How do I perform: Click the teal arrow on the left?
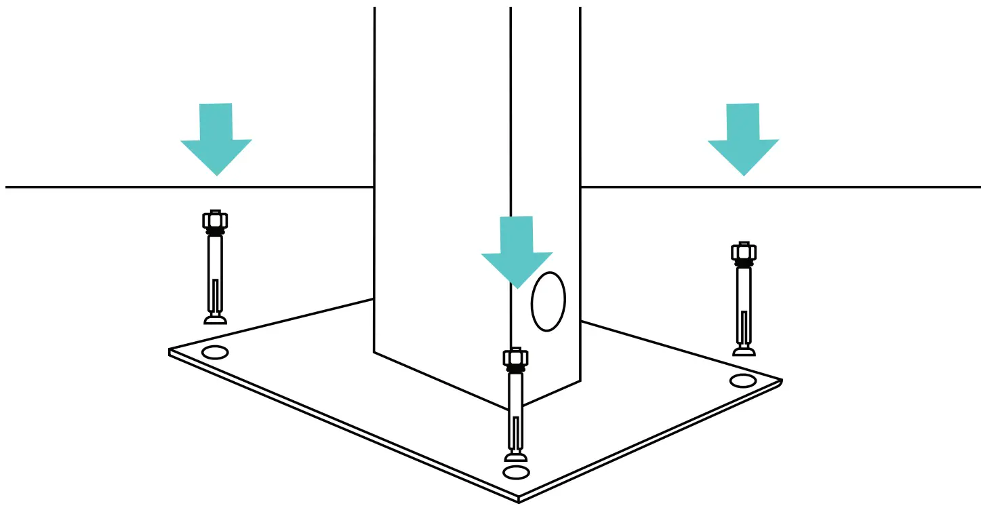216,139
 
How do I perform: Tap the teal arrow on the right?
743,139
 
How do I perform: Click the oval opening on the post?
548,302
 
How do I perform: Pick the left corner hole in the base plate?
215,353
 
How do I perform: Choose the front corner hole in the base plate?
516,472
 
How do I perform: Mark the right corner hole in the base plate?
743,380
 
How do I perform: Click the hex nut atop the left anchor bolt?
215,220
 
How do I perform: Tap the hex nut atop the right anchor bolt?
744,252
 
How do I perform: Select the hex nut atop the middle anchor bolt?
516,357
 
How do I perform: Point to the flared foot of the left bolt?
215,318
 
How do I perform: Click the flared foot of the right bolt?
744,350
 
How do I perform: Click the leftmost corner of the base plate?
170,351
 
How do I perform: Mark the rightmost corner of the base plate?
782,382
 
